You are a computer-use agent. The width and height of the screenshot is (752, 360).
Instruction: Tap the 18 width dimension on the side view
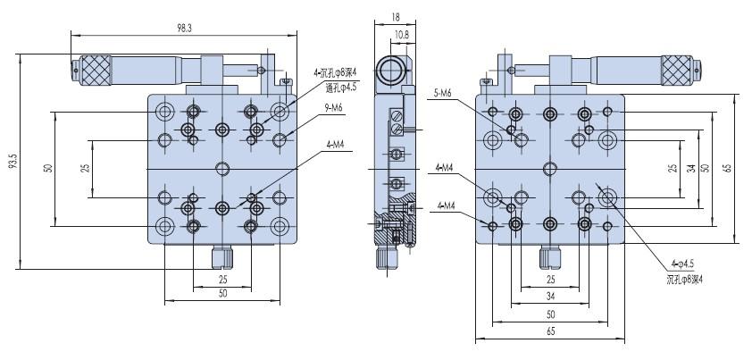pyautogui.click(x=395, y=16)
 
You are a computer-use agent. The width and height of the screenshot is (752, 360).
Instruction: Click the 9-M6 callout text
pyautogui.click(x=334, y=108)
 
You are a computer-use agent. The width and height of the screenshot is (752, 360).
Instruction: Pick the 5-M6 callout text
pyautogui.click(x=443, y=94)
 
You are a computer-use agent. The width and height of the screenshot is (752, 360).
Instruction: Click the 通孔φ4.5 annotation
pyautogui.click(x=341, y=88)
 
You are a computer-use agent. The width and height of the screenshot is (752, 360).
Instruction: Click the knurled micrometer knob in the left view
pyautogui.click(x=96, y=70)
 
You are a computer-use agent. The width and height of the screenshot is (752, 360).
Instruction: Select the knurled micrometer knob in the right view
pyautogui.click(x=677, y=70)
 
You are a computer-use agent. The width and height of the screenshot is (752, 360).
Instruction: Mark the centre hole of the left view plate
pyautogui.click(x=222, y=169)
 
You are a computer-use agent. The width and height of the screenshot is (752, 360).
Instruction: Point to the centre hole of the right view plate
pyautogui.click(x=549, y=169)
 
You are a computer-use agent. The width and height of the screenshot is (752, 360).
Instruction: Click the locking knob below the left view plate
pyautogui.click(x=222, y=257)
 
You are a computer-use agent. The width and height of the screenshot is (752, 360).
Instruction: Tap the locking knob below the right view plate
pyautogui.click(x=550, y=257)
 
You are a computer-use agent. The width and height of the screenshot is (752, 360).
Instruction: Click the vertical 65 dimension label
pyautogui.click(x=728, y=169)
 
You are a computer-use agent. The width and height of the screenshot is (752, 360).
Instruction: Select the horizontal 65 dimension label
pyautogui.click(x=550, y=331)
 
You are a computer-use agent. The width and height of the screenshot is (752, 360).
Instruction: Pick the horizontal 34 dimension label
pyautogui.click(x=550, y=297)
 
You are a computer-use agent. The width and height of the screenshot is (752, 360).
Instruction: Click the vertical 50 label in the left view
pyautogui.click(x=47, y=169)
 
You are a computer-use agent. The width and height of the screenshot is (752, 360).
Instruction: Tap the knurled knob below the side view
pyautogui.click(x=388, y=258)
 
